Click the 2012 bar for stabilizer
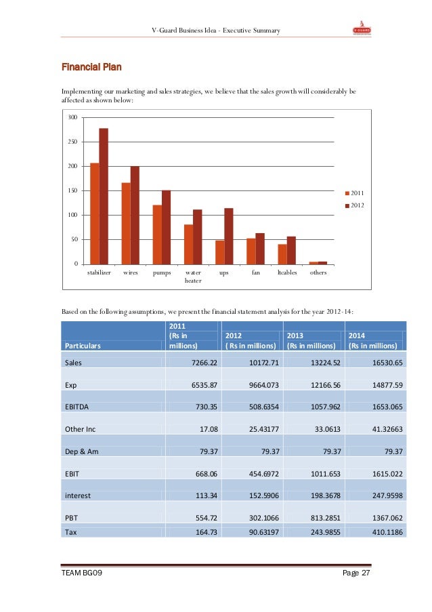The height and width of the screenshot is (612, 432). click(104, 196)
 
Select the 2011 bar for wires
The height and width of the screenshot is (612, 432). click(126, 223)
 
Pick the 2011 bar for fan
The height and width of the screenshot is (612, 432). click(251, 251)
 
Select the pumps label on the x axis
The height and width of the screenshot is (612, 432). click(162, 272)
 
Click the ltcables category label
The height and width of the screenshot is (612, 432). click(287, 272)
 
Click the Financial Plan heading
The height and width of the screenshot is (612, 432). click(92, 67)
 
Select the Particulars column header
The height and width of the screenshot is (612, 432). click(83, 346)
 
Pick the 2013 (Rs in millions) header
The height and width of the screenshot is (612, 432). click(312, 340)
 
